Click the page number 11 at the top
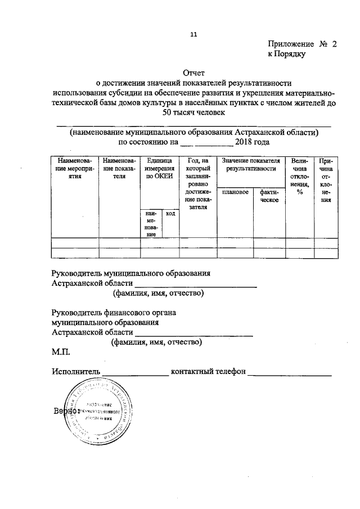pos(193,34)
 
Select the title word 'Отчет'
pos(194,73)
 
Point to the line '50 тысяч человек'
pos(193,112)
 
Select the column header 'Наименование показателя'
pos(119,168)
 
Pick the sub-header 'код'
pos(170,213)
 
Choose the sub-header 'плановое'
pos(235,192)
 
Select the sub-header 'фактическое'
pos(269,196)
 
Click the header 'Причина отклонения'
pos(326,180)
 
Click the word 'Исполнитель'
pos(76,372)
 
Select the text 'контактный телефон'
pos(208,372)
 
